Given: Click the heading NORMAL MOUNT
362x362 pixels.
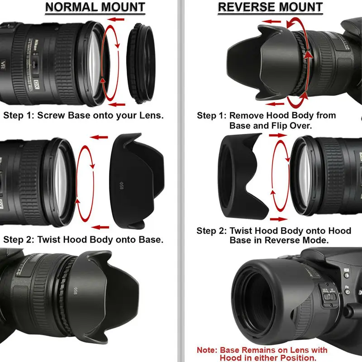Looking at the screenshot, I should click(x=95, y=8).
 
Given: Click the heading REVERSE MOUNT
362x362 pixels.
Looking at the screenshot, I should click(x=270, y=8).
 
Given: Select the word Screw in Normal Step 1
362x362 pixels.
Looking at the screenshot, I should click(x=53, y=115).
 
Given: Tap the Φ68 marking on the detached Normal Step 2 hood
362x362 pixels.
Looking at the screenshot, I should click(x=121, y=186).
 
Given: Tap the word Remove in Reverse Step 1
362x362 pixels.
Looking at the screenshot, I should click(x=247, y=115).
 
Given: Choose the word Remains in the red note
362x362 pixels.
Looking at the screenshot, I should click(x=259, y=350).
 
